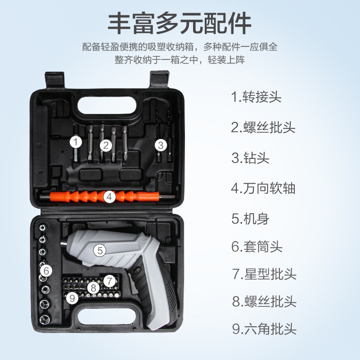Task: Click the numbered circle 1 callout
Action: [x=76, y=142]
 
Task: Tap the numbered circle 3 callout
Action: [x=161, y=145]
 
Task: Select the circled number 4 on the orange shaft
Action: [x=109, y=197]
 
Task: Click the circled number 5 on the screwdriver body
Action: [x=100, y=250]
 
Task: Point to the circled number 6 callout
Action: [x=46, y=271]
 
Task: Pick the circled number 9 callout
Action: [x=72, y=298]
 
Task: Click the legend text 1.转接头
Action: [x=256, y=97]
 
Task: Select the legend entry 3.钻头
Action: [x=250, y=158]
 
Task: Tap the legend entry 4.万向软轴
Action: [x=263, y=188]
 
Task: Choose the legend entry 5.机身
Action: [x=250, y=219]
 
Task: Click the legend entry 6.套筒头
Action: [x=257, y=247]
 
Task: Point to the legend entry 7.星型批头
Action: [x=264, y=274]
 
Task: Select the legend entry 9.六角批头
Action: [x=264, y=329]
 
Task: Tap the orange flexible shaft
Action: [x=104, y=197]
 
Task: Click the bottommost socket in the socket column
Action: [x=45, y=319]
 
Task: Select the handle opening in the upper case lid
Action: [x=107, y=105]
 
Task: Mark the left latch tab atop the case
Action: [x=54, y=80]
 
